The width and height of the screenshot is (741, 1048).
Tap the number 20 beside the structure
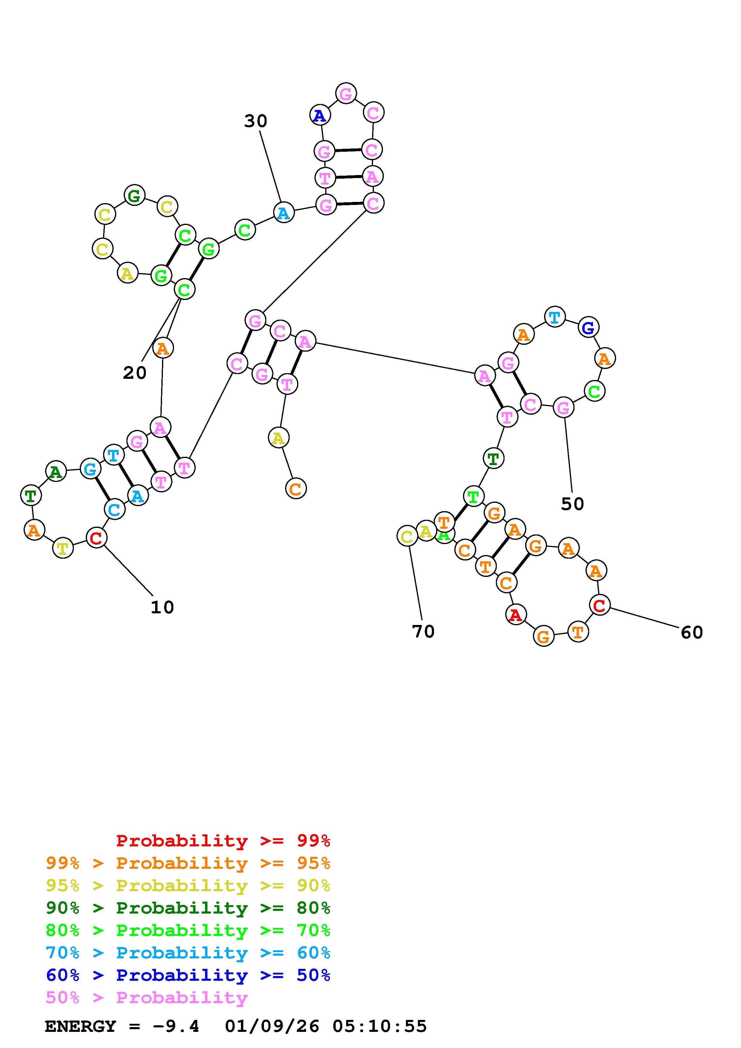pyautogui.click(x=135, y=373)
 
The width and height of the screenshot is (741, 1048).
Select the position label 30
pyautogui.click(x=255, y=121)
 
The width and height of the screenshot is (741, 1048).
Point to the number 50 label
pyautogui.click(x=572, y=504)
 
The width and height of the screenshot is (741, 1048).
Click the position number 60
pyautogui.click(x=692, y=633)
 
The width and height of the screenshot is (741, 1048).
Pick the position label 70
pyautogui.click(x=423, y=632)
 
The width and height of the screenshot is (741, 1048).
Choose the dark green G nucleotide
pyautogui.click(x=134, y=196)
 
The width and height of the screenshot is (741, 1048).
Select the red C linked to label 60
pyautogui.click(x=600, y=605)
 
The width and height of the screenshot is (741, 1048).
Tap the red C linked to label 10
pyautogui.click(x=96, y=538)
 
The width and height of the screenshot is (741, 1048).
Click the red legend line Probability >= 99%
pyautogui.click(x=223, y=841)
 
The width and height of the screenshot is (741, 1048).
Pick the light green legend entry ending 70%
pyautogui.click(x=188, y=930)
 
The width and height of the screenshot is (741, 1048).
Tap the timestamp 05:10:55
pyautogui.click(x=379, y=1026)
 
